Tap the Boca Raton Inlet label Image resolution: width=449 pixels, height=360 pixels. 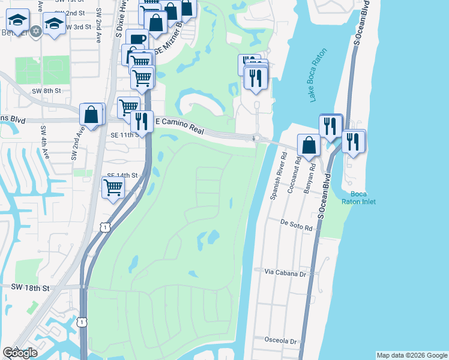coord(359,197)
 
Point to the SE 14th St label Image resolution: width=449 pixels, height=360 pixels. coord(122,175)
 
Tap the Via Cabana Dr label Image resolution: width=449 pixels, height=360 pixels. coord(286,272)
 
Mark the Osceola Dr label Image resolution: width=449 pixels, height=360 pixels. coord(282,341)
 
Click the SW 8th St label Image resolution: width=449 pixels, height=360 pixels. coord(46,90)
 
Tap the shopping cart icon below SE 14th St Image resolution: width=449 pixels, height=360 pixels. coord(113,188)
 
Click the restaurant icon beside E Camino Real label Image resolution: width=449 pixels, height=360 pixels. coord(142,121)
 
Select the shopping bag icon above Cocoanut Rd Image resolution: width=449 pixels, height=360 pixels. coord(309,145)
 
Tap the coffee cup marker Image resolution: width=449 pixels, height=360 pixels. coord(137,40)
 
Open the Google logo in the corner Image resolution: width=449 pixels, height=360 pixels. coord(20,353)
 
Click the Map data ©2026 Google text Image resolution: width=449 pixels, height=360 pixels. coord(412,355)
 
